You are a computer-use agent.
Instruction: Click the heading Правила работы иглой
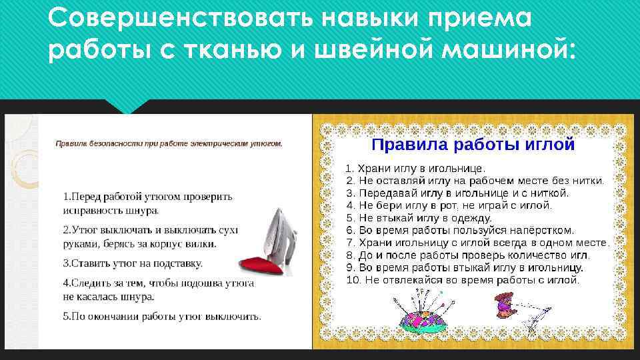[473, 143]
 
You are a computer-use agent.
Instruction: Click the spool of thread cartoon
[505, 303]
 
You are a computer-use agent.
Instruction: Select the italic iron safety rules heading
[169, 143]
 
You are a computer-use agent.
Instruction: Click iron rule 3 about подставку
[133, 263]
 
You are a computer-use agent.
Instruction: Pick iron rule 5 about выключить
[162, 315]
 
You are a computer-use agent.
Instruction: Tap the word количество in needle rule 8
[528, 255]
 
